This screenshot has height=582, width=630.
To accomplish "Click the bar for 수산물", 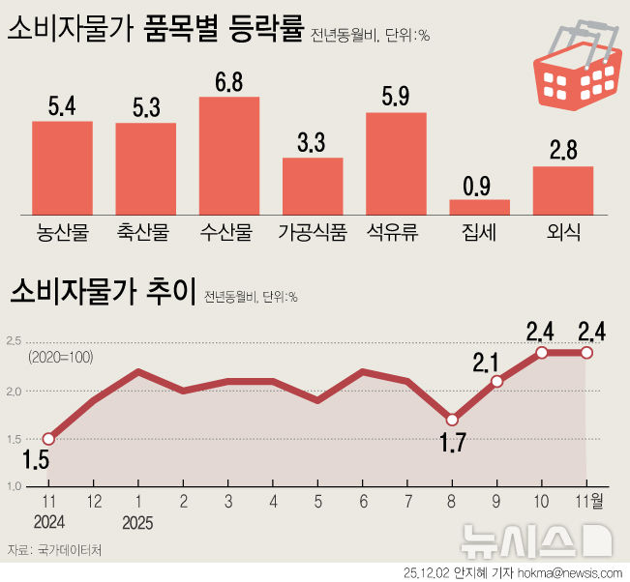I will tap(229, 155).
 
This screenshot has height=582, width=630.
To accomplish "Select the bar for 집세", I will tap(479, 206).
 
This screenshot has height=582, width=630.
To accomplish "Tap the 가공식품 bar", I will tap(313, 185).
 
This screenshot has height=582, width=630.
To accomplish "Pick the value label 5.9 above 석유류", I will tap(396, 98).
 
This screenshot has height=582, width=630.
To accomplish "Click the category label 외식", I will tap(562, 232).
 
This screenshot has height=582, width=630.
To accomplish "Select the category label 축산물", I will tap(145, 232).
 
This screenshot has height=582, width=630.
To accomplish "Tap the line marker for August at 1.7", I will tap(452, 420).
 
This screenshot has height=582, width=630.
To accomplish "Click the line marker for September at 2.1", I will tap(497, 381).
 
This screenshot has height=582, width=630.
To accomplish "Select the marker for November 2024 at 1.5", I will tap(48, 439).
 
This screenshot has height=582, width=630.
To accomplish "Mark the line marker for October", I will tap(542, 352).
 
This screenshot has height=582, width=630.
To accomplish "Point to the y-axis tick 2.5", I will tap(15, 341).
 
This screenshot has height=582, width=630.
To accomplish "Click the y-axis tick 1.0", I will tap(15, 486).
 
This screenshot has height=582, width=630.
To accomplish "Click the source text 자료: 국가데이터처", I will tap(55, 550).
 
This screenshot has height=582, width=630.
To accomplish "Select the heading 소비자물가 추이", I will tap(101, 290).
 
